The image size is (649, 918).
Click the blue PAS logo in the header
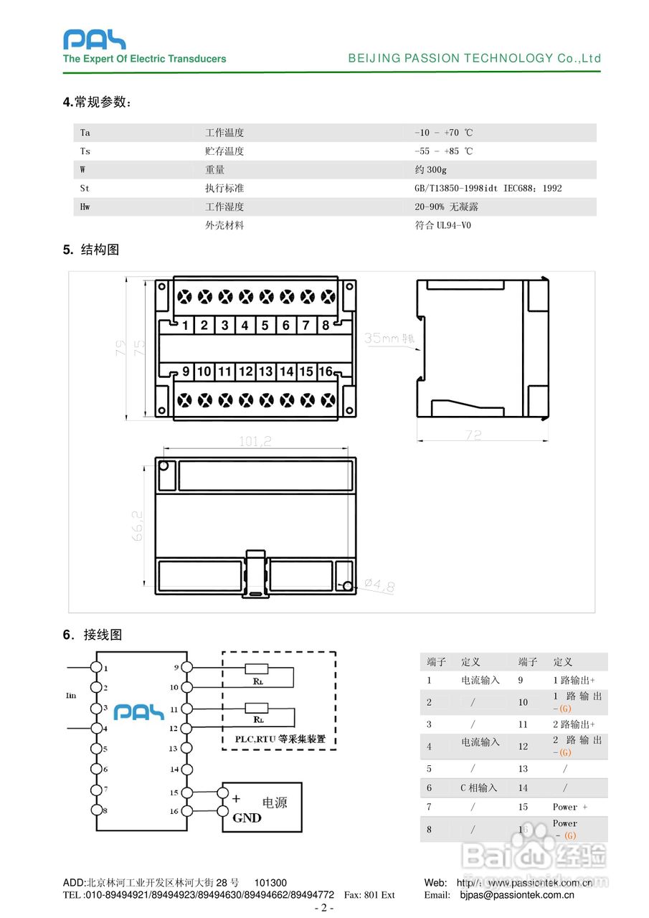click(94, 39)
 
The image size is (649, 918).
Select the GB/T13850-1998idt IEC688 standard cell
click(488, 189)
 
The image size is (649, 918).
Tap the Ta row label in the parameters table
click(85, 133)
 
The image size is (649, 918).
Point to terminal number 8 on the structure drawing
click(326, 326)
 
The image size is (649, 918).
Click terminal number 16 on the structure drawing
click(326, 372)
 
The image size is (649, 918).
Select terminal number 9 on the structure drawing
click(186, 372)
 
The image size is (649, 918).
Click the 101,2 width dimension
click(255, 443)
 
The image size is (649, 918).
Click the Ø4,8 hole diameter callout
click(379, 587)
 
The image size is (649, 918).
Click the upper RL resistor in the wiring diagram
click(257, 668)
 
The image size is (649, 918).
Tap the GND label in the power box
click(247, 818)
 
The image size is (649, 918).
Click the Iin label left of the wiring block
click(70, 695)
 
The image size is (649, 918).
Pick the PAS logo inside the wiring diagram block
click(140, 711)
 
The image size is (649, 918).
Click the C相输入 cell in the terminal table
click(478, 787)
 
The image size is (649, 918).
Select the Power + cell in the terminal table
click(570, 807)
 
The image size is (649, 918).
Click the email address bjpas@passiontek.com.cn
click(516, 894)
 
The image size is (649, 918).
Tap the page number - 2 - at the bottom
click(324, 908)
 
